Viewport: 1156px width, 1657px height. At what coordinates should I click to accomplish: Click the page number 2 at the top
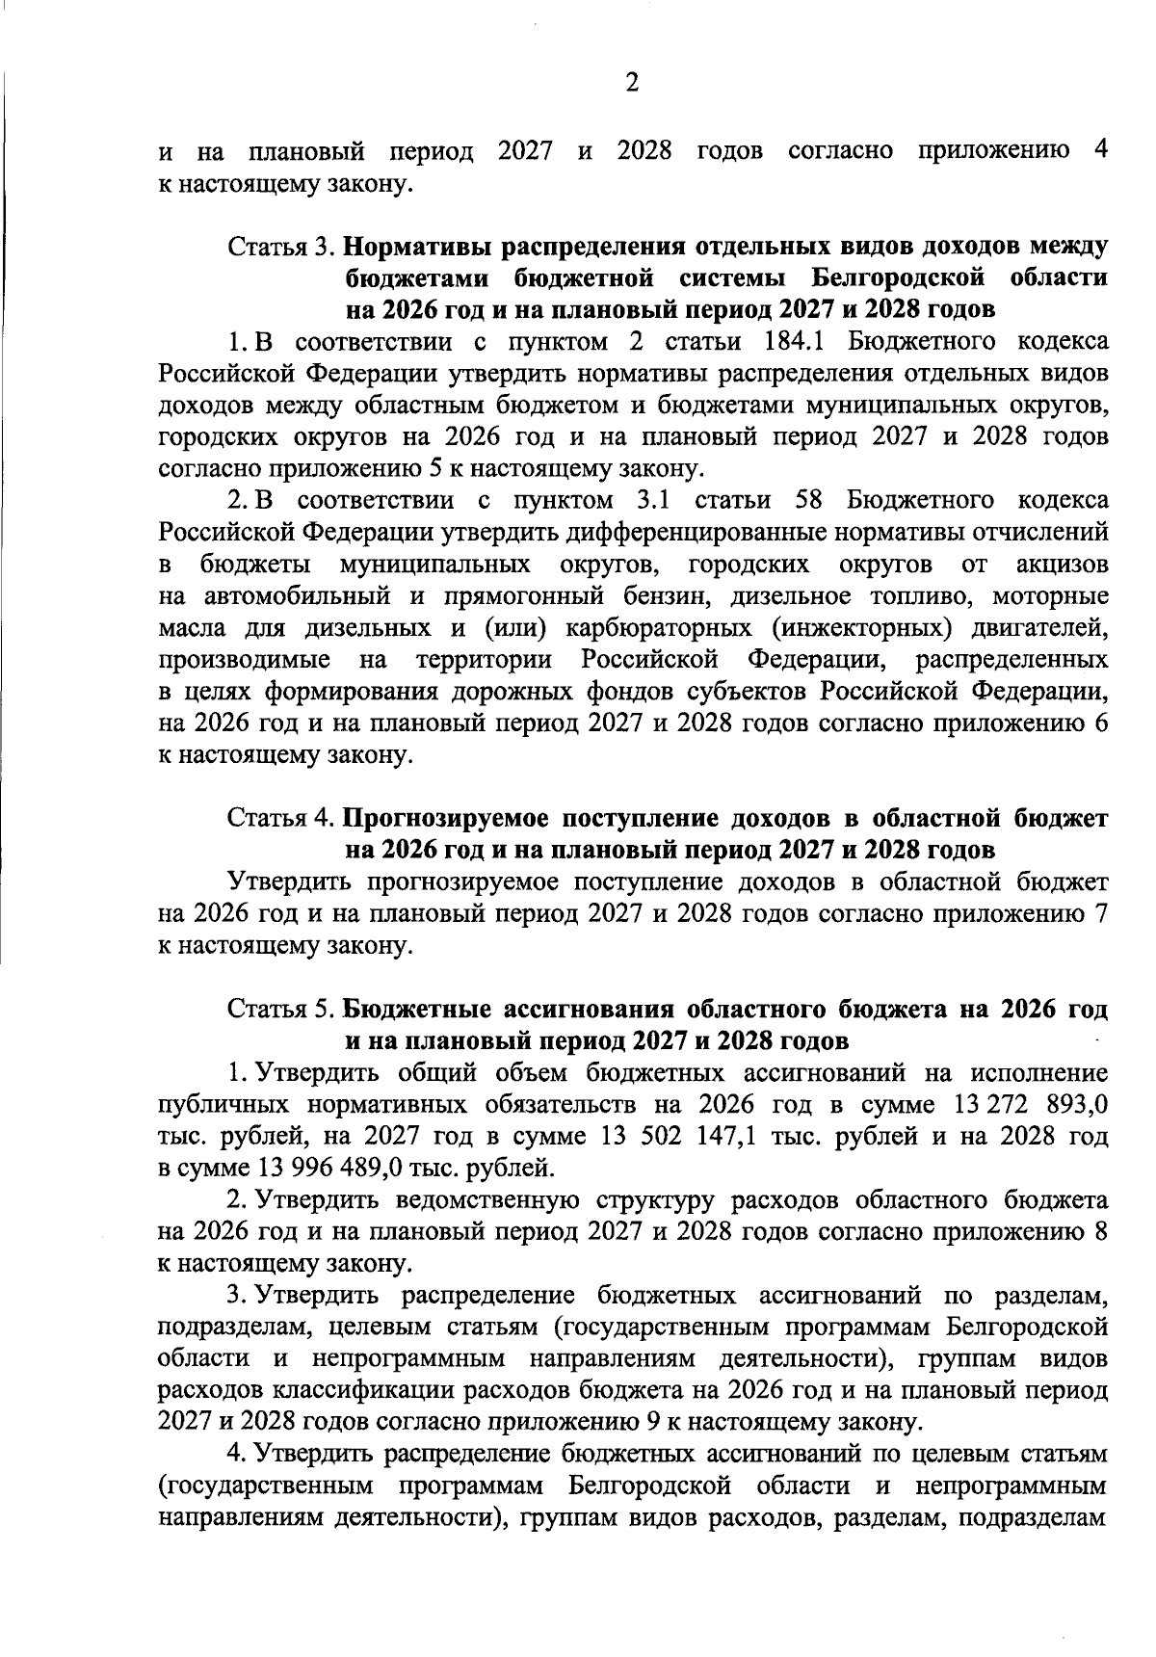coord(632,84)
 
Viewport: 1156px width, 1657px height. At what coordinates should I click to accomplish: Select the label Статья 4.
coord(281,818)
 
